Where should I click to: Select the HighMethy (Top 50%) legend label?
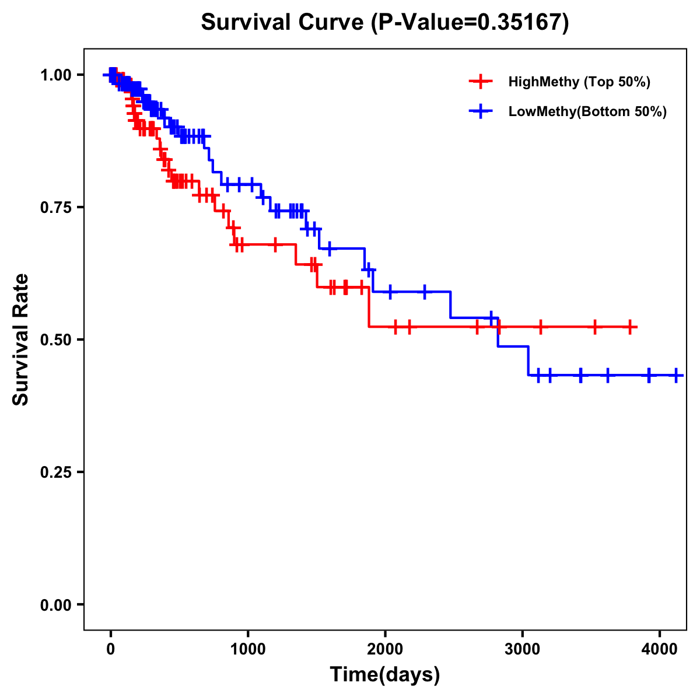(579, 82)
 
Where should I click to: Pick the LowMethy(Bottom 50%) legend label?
(587, 111)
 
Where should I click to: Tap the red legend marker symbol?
(481, 82)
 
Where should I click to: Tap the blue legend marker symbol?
(481, 111)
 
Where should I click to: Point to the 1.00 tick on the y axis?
(55, 75)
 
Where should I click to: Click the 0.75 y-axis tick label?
(55, 207)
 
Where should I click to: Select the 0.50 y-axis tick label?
(55, 339)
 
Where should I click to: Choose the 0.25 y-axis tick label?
(55, 472)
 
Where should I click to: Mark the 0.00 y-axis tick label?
(55, 604)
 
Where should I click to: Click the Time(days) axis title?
(385, 675)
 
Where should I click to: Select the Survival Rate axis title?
(22, 339)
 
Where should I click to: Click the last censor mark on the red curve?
(630, 327)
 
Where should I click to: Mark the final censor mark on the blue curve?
(676, 375)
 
